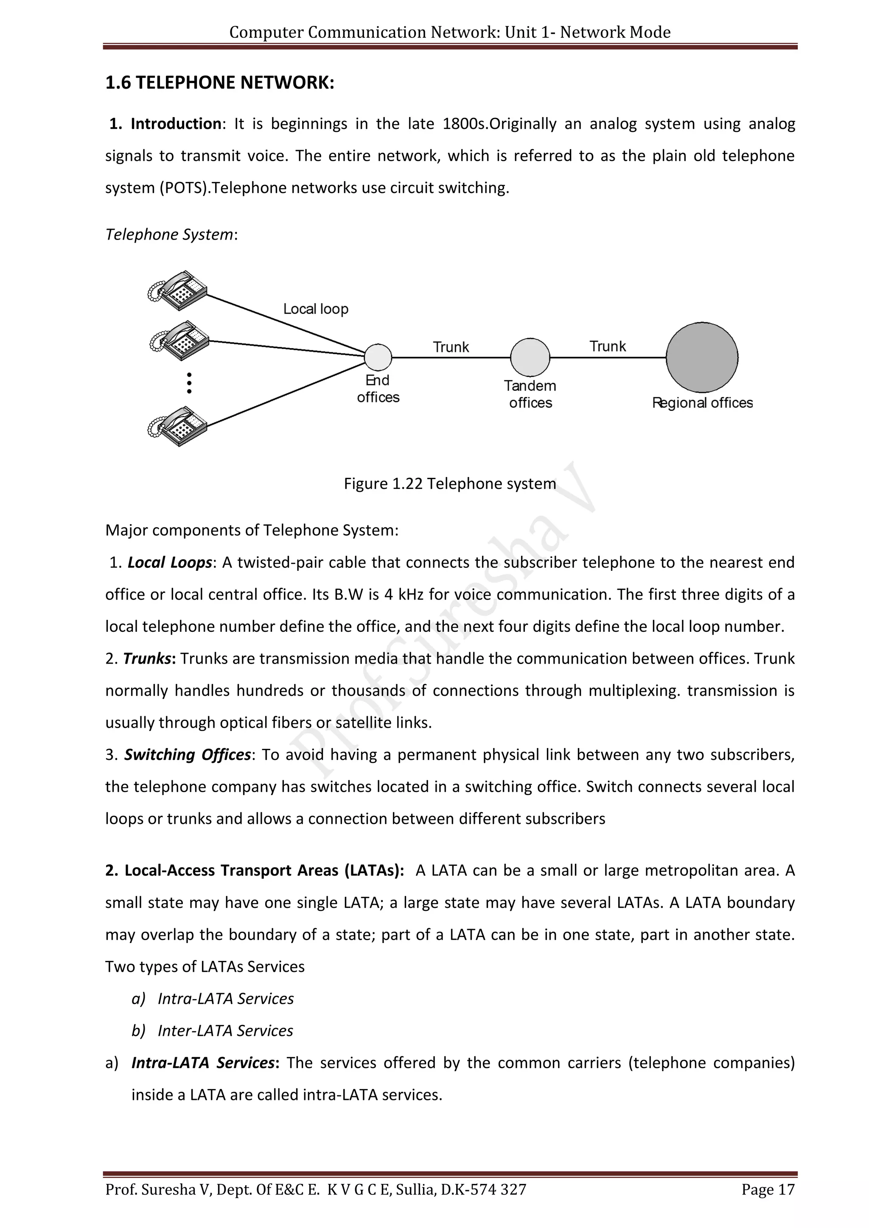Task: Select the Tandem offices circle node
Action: (x=530, y=357)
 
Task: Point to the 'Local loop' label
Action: (x=316, y=309)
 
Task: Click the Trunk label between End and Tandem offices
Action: (x=451, y=347)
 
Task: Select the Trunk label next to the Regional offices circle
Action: (x=607, y=346)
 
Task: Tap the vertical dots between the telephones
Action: (x=189, y=383)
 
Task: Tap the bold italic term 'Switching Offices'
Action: (x=187, y=755)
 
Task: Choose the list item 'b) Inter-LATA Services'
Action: (x=213, y=1031)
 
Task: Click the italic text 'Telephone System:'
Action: (x=171, y=234)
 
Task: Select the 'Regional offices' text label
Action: (x=702, y=403)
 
